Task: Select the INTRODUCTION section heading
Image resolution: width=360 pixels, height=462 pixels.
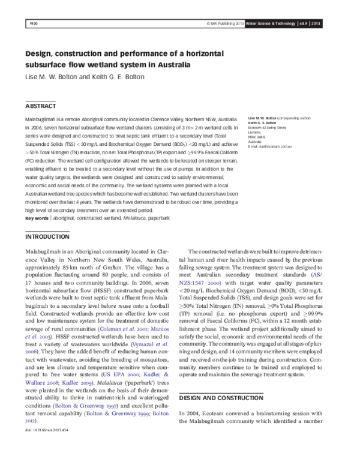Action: (47, 236)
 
